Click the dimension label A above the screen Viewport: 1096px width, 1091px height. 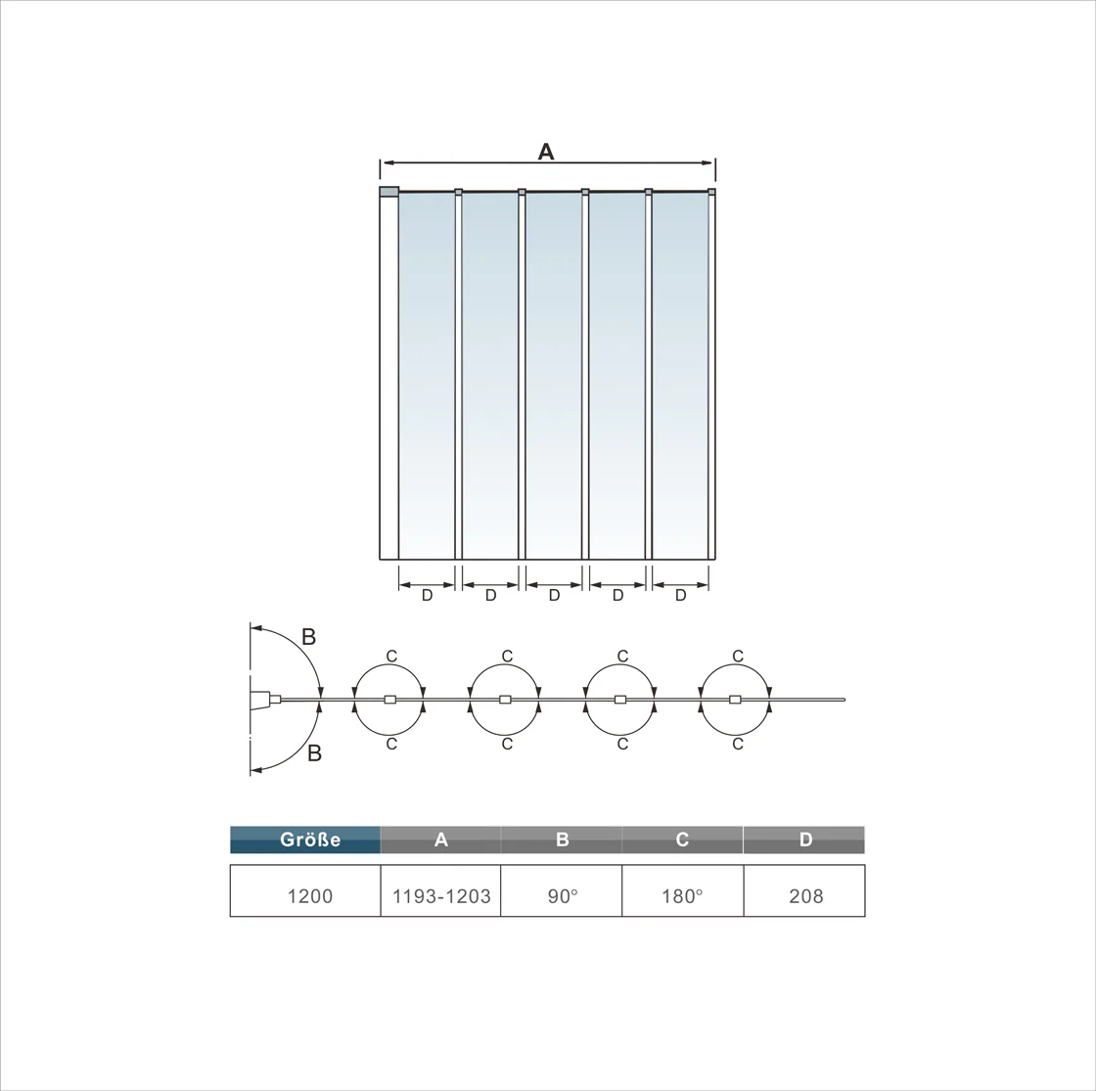tap(546, 151)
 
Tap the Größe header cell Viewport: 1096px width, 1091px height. tap(305, 840)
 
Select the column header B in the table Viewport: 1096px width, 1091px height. tap(562, 840)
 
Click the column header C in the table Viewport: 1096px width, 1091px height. tap(682, 840)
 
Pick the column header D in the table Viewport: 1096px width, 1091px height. tap(804, 840)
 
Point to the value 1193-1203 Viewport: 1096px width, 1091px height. tap(441, 896)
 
